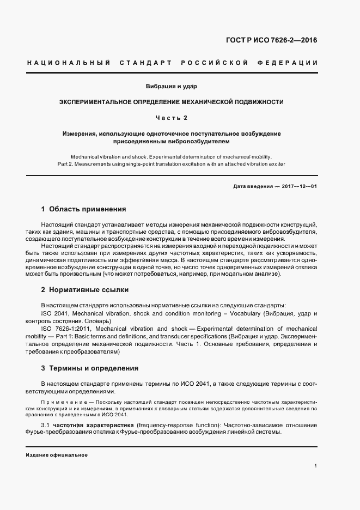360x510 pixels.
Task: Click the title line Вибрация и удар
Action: point(171,86)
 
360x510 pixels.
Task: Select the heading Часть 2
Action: point(172,117)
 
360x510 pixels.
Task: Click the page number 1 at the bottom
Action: point(316,465)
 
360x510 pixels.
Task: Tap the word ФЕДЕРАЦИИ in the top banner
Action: point(291,63)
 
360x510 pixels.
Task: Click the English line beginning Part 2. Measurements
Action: point(171,163)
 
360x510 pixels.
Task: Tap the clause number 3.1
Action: point(46,424)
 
